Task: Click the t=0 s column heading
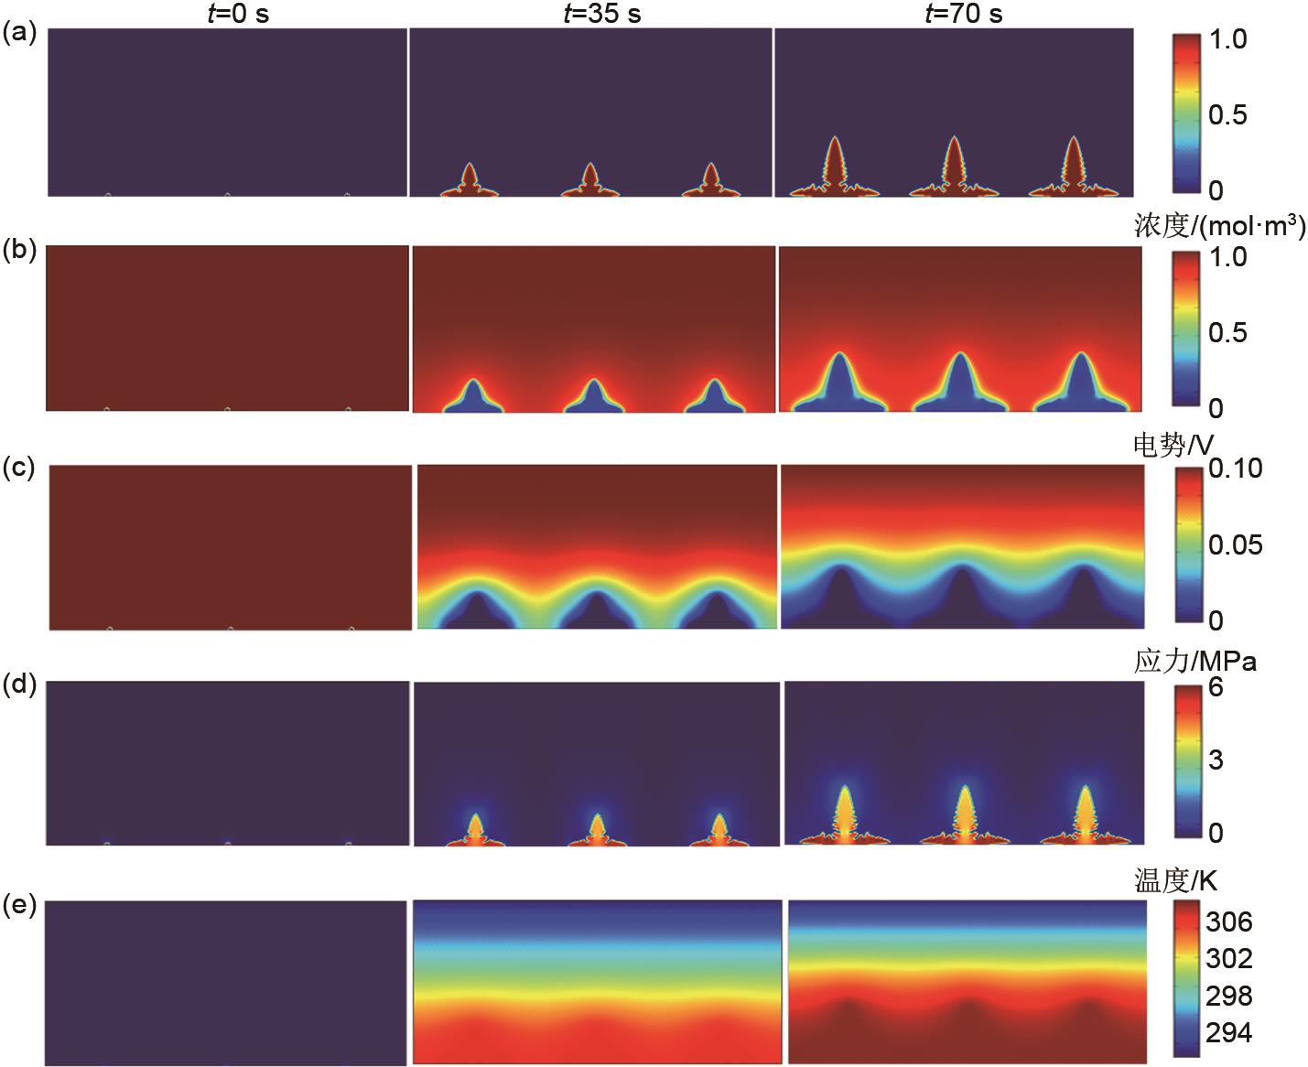(x=236, y=14)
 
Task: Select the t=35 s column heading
(x=601, y=14)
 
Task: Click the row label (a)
(x=19, y=34)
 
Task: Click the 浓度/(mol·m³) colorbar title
(x=1219, y=226)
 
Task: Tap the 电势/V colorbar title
(x=1173, y=445)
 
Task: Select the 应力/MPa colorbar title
(x=1194, y=661)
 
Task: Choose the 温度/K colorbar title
(x=1175, y=881)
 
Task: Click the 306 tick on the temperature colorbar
(x=1228, y=921)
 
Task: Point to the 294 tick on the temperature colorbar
(x=1228, y=1033)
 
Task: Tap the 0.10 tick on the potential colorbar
(x=1235, y=469)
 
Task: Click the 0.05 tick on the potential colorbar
(x=1235, y=544)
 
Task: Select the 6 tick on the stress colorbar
(x=1216, y=686)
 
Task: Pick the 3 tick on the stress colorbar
(x=1216, y=760)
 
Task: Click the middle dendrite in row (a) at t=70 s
(x=953, y=169)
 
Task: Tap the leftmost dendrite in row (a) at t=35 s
(x=470, y=180)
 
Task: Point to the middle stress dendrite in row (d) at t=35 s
(x=598, y=828)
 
